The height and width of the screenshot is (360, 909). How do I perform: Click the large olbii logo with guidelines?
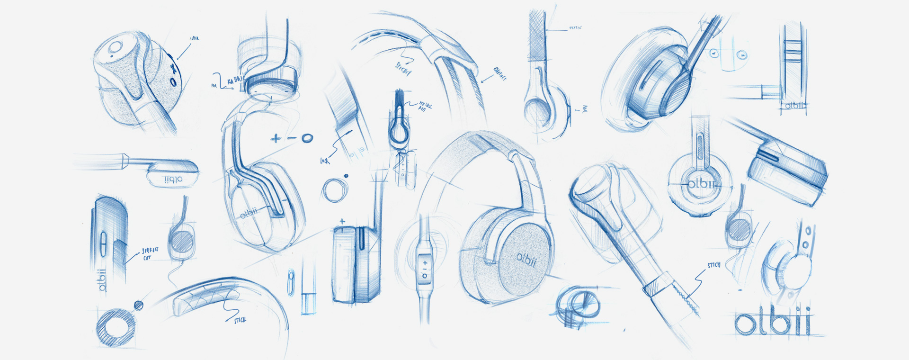pyautogui.click(x=773, y=322)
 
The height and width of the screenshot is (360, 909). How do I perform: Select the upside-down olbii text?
pyautogui.click(x=173, y=180)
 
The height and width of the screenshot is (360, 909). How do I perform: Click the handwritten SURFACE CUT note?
pyautogui.click(x=150, y=253)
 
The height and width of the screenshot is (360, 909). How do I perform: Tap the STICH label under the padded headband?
pyautogui.click(x=240, y=321)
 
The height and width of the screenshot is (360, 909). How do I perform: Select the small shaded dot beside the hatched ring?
pyautogui.click(x=139, y=305)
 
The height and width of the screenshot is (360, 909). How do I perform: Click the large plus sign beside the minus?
pyautogui.click(x=276, y=139)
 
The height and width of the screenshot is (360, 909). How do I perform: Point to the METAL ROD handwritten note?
pyautogui.click(x=424, y=106)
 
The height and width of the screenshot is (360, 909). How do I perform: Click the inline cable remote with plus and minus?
pyautogui.click(x=424, y=268)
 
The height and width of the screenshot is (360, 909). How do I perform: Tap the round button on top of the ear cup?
pyautogui.click(x=116, y=48)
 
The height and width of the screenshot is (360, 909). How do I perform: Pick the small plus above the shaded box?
pyautogui.click(x=342, y=221)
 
